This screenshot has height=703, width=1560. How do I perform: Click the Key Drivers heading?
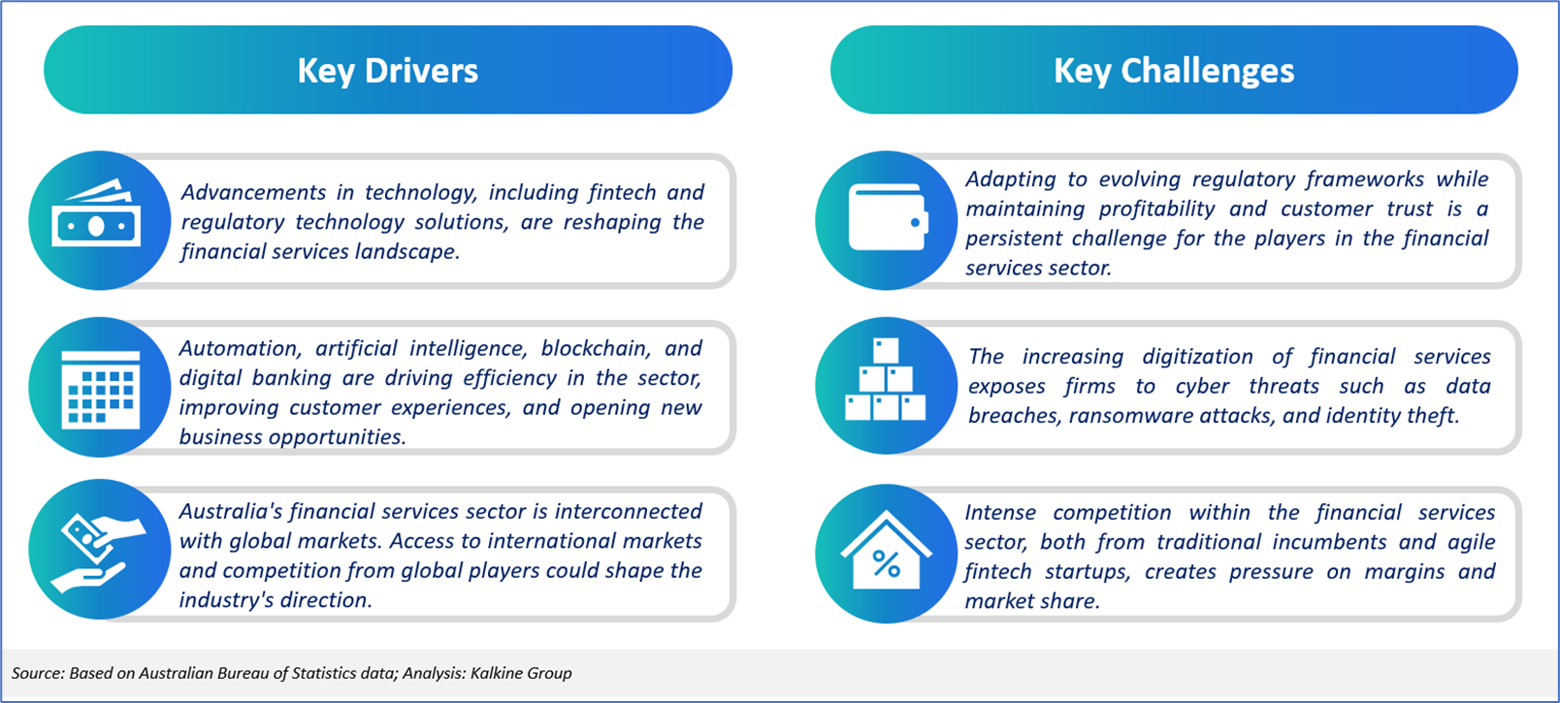click(388, 71)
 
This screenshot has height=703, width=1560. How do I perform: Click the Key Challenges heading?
click(1174, 71)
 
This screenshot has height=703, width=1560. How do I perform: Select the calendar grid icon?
click(100, 390)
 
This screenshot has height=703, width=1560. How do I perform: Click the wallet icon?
click(888, 217)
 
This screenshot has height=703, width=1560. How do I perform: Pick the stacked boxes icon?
click(885, 379)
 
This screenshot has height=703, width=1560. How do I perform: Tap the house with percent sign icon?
click(886, 550)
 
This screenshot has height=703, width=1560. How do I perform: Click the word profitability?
click(1156, 208)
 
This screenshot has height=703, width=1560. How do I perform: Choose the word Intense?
click(1000, 513)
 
